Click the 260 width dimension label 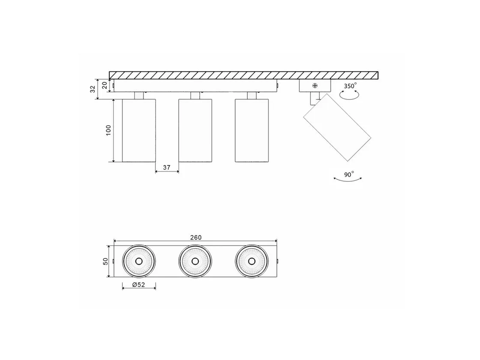196,237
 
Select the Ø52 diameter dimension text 139,285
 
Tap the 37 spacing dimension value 167,168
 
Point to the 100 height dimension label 108,130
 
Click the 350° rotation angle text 350,86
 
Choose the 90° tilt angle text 349,174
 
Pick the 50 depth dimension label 105,261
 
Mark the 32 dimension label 93,89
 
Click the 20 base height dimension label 105,85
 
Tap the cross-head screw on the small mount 315,86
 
